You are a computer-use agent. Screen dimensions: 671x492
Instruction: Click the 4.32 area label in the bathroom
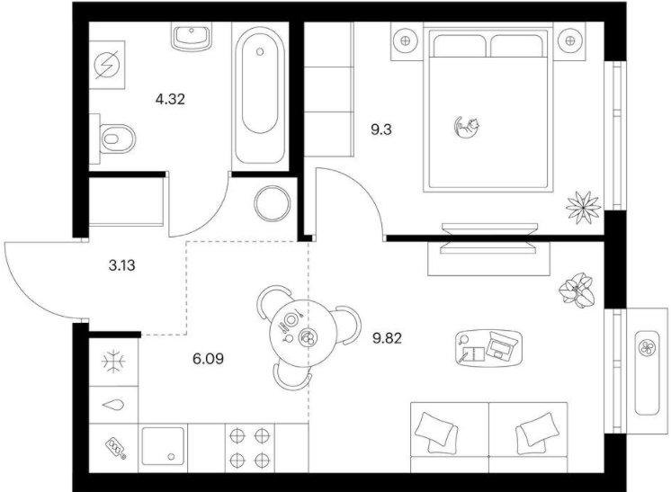coord(170,100)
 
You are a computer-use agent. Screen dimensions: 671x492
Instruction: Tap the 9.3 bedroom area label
coord(380,130)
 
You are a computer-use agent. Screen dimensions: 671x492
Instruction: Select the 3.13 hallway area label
coord(122,265)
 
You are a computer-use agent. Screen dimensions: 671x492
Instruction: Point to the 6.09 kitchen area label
coord(208,359)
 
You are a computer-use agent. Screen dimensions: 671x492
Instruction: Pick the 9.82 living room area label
coord(387,339)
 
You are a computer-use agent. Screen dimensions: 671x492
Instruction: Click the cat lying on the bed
coord(466,128)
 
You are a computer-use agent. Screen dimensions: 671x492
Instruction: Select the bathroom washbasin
coord(192,37)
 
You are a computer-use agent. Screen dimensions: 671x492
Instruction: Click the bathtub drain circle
coord(260,52)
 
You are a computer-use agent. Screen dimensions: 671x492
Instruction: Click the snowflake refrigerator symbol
coord(113,362)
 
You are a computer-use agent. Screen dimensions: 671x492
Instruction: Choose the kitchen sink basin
coord(163,446)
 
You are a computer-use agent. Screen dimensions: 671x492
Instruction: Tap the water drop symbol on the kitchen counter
coord(113,404)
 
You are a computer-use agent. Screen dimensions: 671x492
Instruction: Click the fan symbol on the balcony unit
coord(647,347)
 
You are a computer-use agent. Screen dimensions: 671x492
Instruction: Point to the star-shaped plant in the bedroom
coord(583,207)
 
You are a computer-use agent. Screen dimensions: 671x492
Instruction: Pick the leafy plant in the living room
coord(577,290)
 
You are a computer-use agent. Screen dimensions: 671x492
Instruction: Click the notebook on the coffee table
coord(473,354)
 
